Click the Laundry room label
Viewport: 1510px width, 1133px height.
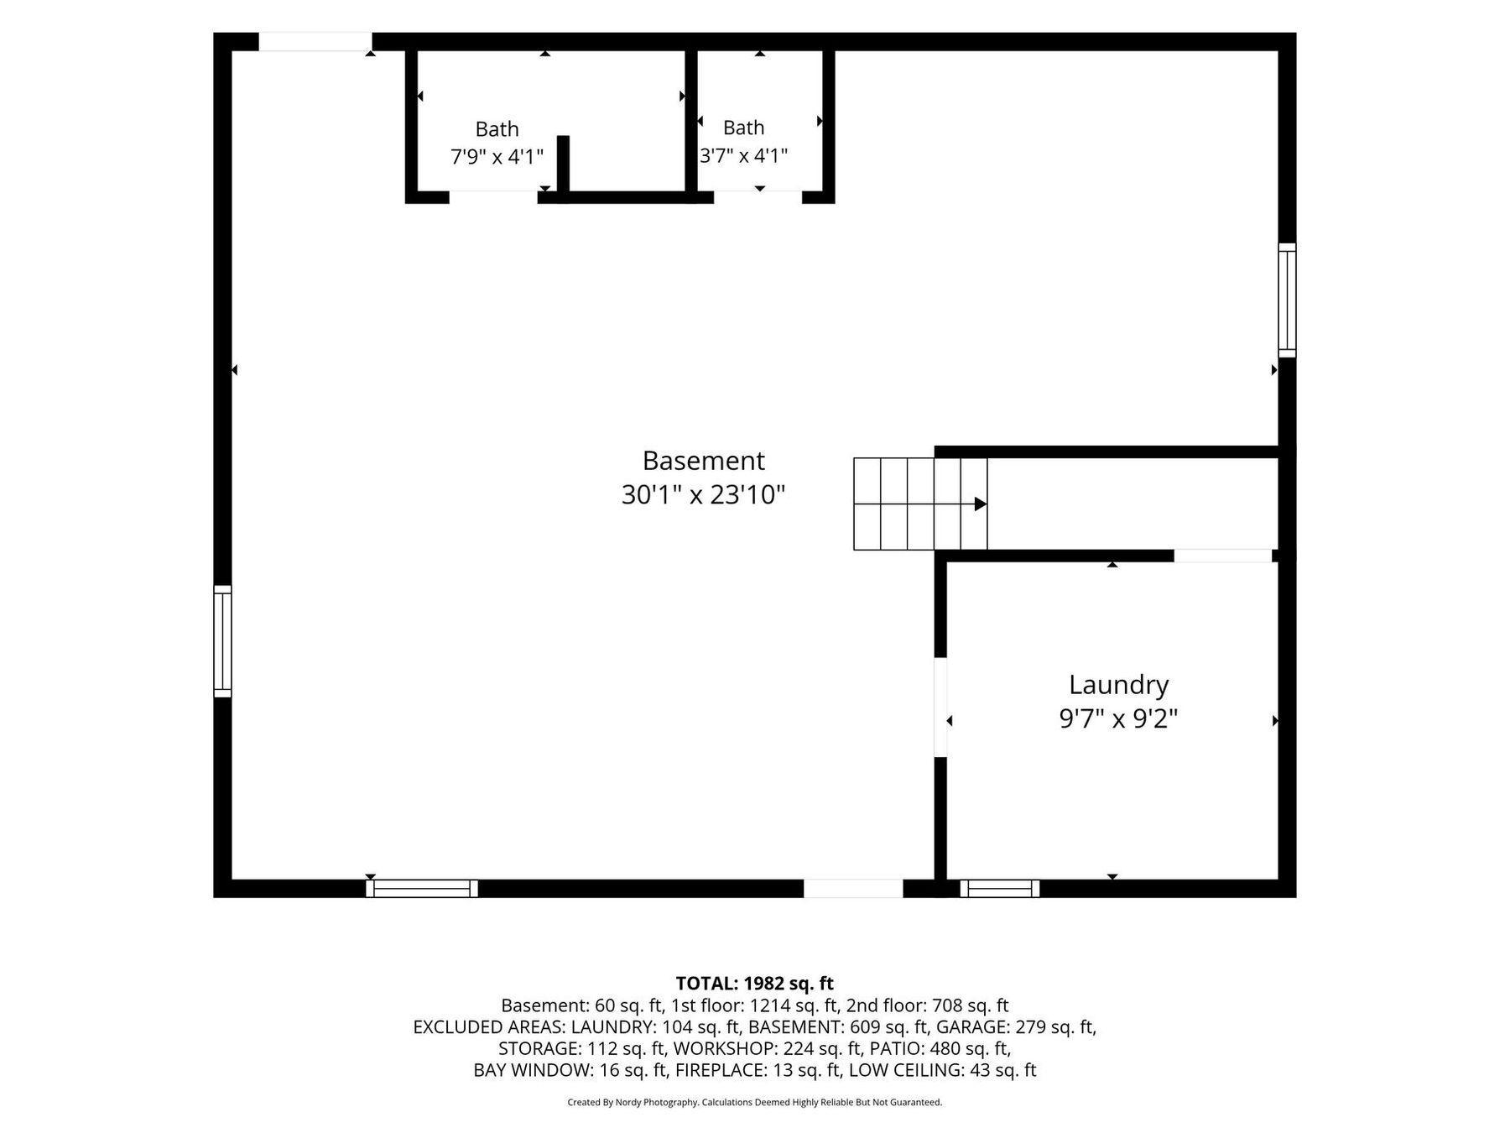(x=1118, y=686)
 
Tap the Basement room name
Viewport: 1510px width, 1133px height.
(x=704, y=461)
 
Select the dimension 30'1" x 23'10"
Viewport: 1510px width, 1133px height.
(x=703, y=495)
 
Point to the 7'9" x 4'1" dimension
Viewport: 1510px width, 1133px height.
(x=497, y=156)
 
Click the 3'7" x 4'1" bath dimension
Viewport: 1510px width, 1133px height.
(x=744, y=155)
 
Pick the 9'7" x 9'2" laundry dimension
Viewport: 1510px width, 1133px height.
(x=1118, y=719)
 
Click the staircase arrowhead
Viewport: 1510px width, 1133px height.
(x=980, y=504)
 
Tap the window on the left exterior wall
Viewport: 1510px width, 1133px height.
(x=222, y=641)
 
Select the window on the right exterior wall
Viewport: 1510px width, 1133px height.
(x=1287, y=300)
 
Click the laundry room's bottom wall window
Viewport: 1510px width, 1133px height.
(x=1000, y=889)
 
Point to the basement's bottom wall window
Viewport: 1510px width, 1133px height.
(x=422, y=889)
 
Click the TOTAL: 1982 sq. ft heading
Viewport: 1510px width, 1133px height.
(x=755, y=983)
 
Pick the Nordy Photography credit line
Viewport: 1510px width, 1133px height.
(x=755, y=1102)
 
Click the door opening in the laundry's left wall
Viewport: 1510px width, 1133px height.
(x=940, y=707)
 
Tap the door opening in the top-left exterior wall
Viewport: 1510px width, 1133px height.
(x=315, y=42)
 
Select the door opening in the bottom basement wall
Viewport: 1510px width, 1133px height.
(x=853, y=889)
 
